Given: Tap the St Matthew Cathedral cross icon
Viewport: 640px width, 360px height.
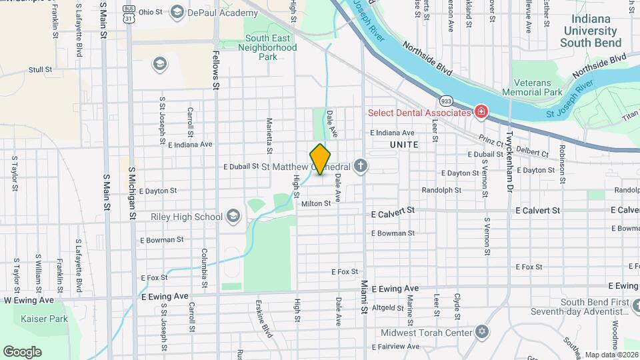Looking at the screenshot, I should [361, 165].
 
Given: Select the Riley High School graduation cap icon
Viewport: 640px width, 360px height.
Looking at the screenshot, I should [233, 216].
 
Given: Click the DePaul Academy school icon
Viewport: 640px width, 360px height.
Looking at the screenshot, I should [177, 11].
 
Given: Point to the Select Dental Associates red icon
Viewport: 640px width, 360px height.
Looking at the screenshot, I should [480, 112].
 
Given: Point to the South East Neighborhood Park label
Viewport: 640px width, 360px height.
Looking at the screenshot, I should [271, 47].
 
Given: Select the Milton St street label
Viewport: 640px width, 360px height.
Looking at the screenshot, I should [315, 203].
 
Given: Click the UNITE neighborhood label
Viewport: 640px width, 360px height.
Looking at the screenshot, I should [404, 144].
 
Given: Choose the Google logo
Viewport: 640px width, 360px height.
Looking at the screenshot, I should [23, 351].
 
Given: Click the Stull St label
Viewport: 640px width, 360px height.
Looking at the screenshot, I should [40, 69].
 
